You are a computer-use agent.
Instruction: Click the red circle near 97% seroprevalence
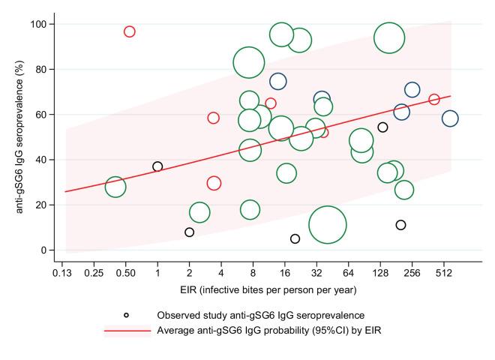[130, 31]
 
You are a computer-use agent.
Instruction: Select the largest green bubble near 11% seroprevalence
[327, 224]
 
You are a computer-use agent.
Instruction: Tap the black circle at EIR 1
[157, 166]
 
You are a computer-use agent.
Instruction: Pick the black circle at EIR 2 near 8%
[190, 232]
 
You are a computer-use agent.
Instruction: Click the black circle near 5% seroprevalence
[295, 238]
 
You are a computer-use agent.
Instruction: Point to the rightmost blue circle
[450, 118]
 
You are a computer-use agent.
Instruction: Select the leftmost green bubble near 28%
[115, 187]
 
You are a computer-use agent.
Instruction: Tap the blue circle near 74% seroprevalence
[278, 82]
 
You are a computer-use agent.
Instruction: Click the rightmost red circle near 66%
[434, 100]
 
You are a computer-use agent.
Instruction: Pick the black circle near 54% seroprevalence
[382, 127]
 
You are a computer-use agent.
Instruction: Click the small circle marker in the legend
[126, 315]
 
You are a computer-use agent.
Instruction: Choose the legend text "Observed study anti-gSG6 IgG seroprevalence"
[260, 315]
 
